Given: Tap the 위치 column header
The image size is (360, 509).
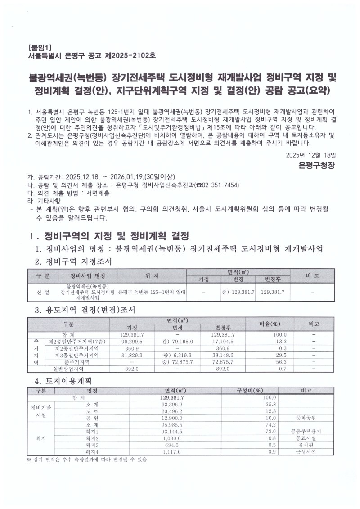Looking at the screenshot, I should tap(152, 275).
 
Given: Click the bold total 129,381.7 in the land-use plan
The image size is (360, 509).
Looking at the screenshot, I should tap(173, 398).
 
